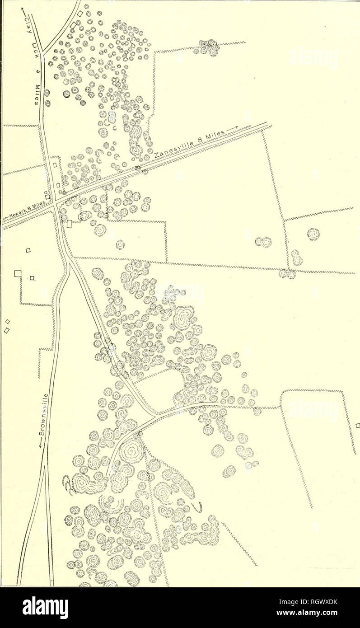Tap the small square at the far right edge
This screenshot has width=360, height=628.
[x=357, y=424]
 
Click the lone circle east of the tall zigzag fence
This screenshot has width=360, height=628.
[x=313, y=234]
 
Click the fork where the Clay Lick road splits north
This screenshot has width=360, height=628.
[x=44, y=51]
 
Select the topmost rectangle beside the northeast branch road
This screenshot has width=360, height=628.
[x=80, y=14]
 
